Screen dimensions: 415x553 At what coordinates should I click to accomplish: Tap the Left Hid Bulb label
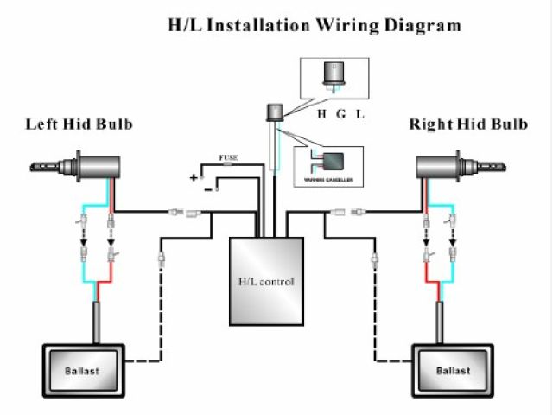click(x=79, y=124)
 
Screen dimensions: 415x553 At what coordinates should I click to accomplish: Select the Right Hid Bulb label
click(x=468, y=124)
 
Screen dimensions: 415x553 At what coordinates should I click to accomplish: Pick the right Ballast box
click(x=454, y=371)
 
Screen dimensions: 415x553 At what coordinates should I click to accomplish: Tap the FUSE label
click(x=229, y=158)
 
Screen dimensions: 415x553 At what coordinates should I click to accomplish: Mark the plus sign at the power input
click(x=194, y=176)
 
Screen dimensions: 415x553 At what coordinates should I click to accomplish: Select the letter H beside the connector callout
click(x=321, y=113)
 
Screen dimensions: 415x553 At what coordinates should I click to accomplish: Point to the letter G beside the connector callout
click(x=341, y=113)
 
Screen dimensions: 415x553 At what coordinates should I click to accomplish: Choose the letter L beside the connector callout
click(x=360, y=113)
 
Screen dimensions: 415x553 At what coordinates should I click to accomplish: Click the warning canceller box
click(x=328, y=165)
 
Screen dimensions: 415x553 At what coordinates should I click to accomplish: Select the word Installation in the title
click(x=249, y=25)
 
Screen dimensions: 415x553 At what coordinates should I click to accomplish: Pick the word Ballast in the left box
click(x=81, y=371)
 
